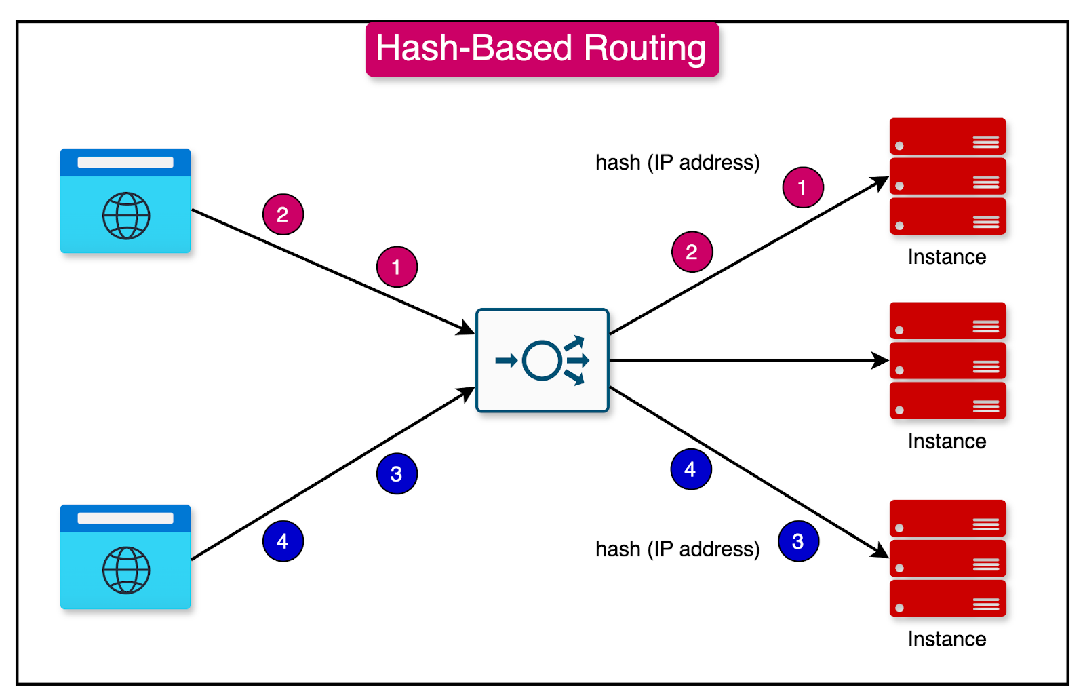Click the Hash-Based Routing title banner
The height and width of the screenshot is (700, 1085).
pos(542,49)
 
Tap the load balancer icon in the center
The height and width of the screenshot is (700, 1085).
pos(542,360)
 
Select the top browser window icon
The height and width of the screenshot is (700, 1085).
pos(125,201)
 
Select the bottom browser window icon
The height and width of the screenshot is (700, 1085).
pos(125,556)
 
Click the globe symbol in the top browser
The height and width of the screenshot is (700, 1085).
pos(126,216)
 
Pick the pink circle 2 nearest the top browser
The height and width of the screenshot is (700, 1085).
pos(283,214)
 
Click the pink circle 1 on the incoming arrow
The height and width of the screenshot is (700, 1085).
pos(397,267)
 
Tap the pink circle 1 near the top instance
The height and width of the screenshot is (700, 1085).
pos(803,187)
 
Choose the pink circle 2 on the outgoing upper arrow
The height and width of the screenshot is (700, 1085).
pos(692,252)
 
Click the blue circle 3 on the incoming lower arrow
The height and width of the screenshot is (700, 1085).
pos(397,473)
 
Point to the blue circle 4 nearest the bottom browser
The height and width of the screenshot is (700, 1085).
pos(283,541)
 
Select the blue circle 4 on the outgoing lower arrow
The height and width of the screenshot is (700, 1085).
pos(691,469)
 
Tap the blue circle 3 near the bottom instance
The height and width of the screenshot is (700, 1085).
pos(798,541)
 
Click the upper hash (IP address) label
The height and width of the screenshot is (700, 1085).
pos(677,163)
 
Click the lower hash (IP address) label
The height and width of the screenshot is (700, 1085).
pos(677,549)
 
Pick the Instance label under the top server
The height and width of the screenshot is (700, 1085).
pos(947,257)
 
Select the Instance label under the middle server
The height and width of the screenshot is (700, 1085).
pos(947,442)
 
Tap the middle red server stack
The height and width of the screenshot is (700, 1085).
pos(947,360)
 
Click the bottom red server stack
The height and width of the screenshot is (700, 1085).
pos(947,558)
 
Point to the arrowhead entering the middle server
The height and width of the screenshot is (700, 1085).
pos(882,360)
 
